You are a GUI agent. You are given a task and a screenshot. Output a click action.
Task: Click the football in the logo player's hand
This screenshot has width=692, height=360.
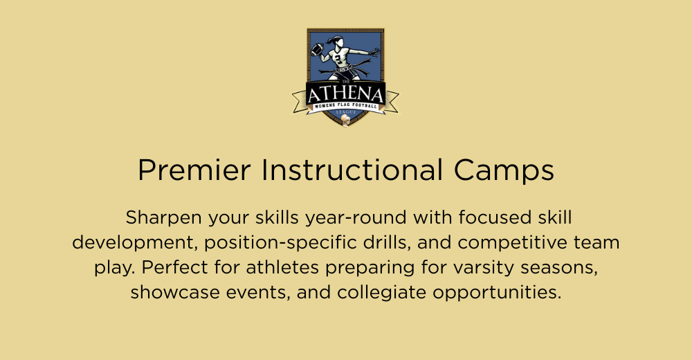318,49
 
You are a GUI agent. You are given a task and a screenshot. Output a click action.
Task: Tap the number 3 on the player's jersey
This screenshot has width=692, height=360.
338,57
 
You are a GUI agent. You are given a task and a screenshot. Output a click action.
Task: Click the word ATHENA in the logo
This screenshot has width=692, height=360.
345,94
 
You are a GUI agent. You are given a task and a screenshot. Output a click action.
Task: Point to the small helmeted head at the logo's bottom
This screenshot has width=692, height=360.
346,120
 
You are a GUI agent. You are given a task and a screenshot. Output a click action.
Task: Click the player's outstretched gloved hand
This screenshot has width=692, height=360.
374,53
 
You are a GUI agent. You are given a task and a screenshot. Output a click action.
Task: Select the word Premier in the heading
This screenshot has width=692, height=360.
194,170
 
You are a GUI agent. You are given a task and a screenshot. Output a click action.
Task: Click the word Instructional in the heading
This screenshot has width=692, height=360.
352,170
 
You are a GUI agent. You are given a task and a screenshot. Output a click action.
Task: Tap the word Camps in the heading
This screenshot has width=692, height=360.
504,171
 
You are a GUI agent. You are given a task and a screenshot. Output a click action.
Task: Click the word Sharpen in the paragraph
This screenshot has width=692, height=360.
163,218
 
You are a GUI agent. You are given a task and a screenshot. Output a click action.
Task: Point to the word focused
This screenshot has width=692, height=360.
495,217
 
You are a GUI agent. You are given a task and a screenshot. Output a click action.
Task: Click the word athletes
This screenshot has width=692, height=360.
282,267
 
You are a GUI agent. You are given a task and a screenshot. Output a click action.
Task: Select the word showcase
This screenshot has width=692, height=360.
175,292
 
